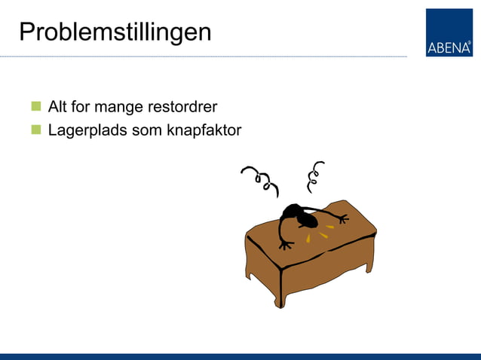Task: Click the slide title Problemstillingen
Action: (115, 32)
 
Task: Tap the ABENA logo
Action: (449, 32)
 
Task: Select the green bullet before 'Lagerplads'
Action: (35, 130)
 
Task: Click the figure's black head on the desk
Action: (305, 218)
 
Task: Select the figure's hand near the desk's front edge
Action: (285, 244)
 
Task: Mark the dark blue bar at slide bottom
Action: (240, 356)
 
